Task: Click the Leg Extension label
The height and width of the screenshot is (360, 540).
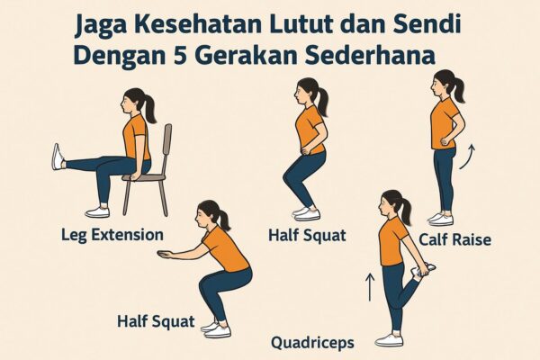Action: [x=112, y=236]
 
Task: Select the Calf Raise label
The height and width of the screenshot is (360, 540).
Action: [x=454, y=239]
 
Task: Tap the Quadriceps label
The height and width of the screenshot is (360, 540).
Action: [x=312, y=343]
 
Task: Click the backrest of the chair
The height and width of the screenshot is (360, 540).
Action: [x=167, y=148]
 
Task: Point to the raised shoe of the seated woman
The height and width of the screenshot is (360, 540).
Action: [x=58, y=157]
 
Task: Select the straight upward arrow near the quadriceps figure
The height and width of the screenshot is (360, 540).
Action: [x=370, y=287]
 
